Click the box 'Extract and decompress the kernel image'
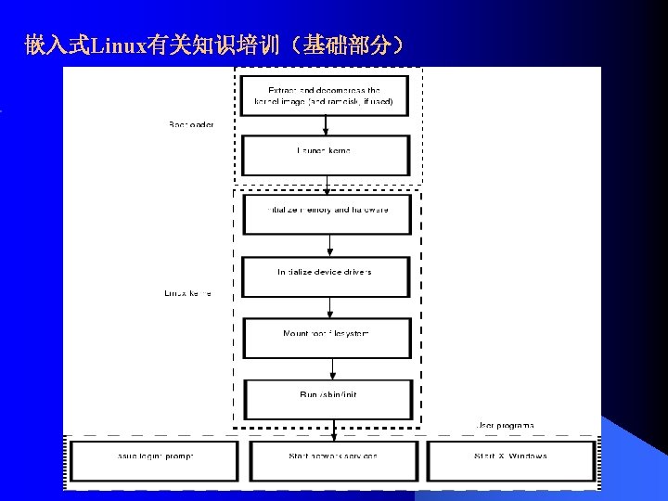(325, 95)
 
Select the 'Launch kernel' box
(325, 154)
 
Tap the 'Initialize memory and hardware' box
(327, 213)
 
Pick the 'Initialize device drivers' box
(326, 276)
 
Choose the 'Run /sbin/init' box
(328, 399)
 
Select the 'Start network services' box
(332, 460)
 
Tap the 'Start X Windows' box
(509, 460)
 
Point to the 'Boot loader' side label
(191, 125)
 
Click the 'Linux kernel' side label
(187, 293)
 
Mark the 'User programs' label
(505, 425)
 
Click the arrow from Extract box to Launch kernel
(325, 126)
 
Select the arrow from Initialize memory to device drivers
(329, 245)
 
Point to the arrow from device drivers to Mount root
(329, 307)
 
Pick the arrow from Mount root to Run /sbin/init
(329, 368)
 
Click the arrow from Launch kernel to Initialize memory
(327, 185)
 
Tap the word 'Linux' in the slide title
(112, 45)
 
